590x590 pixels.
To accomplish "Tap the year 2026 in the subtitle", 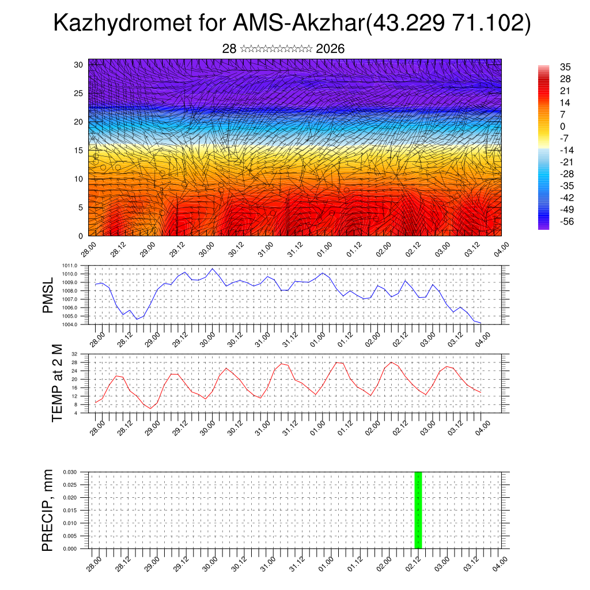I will [330, 49].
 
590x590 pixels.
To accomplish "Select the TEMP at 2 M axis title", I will [56, 383].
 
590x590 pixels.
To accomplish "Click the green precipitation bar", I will [418, 510].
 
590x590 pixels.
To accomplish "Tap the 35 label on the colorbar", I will [565, 66].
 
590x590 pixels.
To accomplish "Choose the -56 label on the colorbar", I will [567, 222].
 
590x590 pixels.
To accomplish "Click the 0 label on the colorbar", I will [562, 126].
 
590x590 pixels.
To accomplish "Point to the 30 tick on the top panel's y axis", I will [78, 65].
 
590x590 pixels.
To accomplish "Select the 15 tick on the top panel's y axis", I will [78, 150].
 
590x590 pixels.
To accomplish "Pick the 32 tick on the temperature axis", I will [75, 354].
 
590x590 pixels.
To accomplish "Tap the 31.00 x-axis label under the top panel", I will [266, 251].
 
